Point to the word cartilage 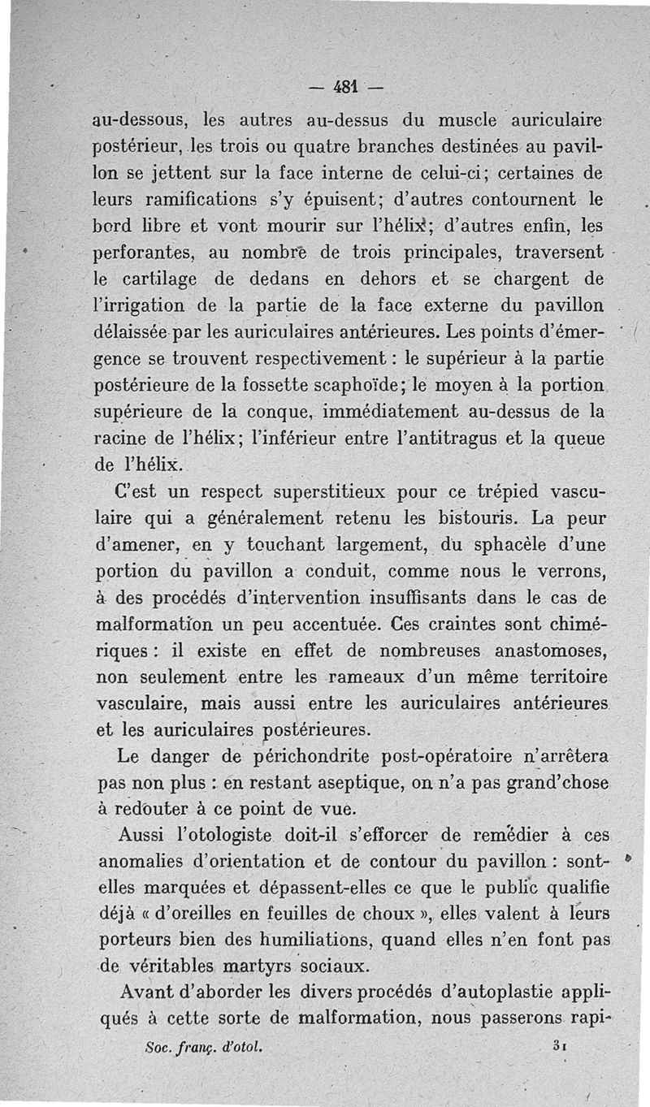click(x=156, y=279)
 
